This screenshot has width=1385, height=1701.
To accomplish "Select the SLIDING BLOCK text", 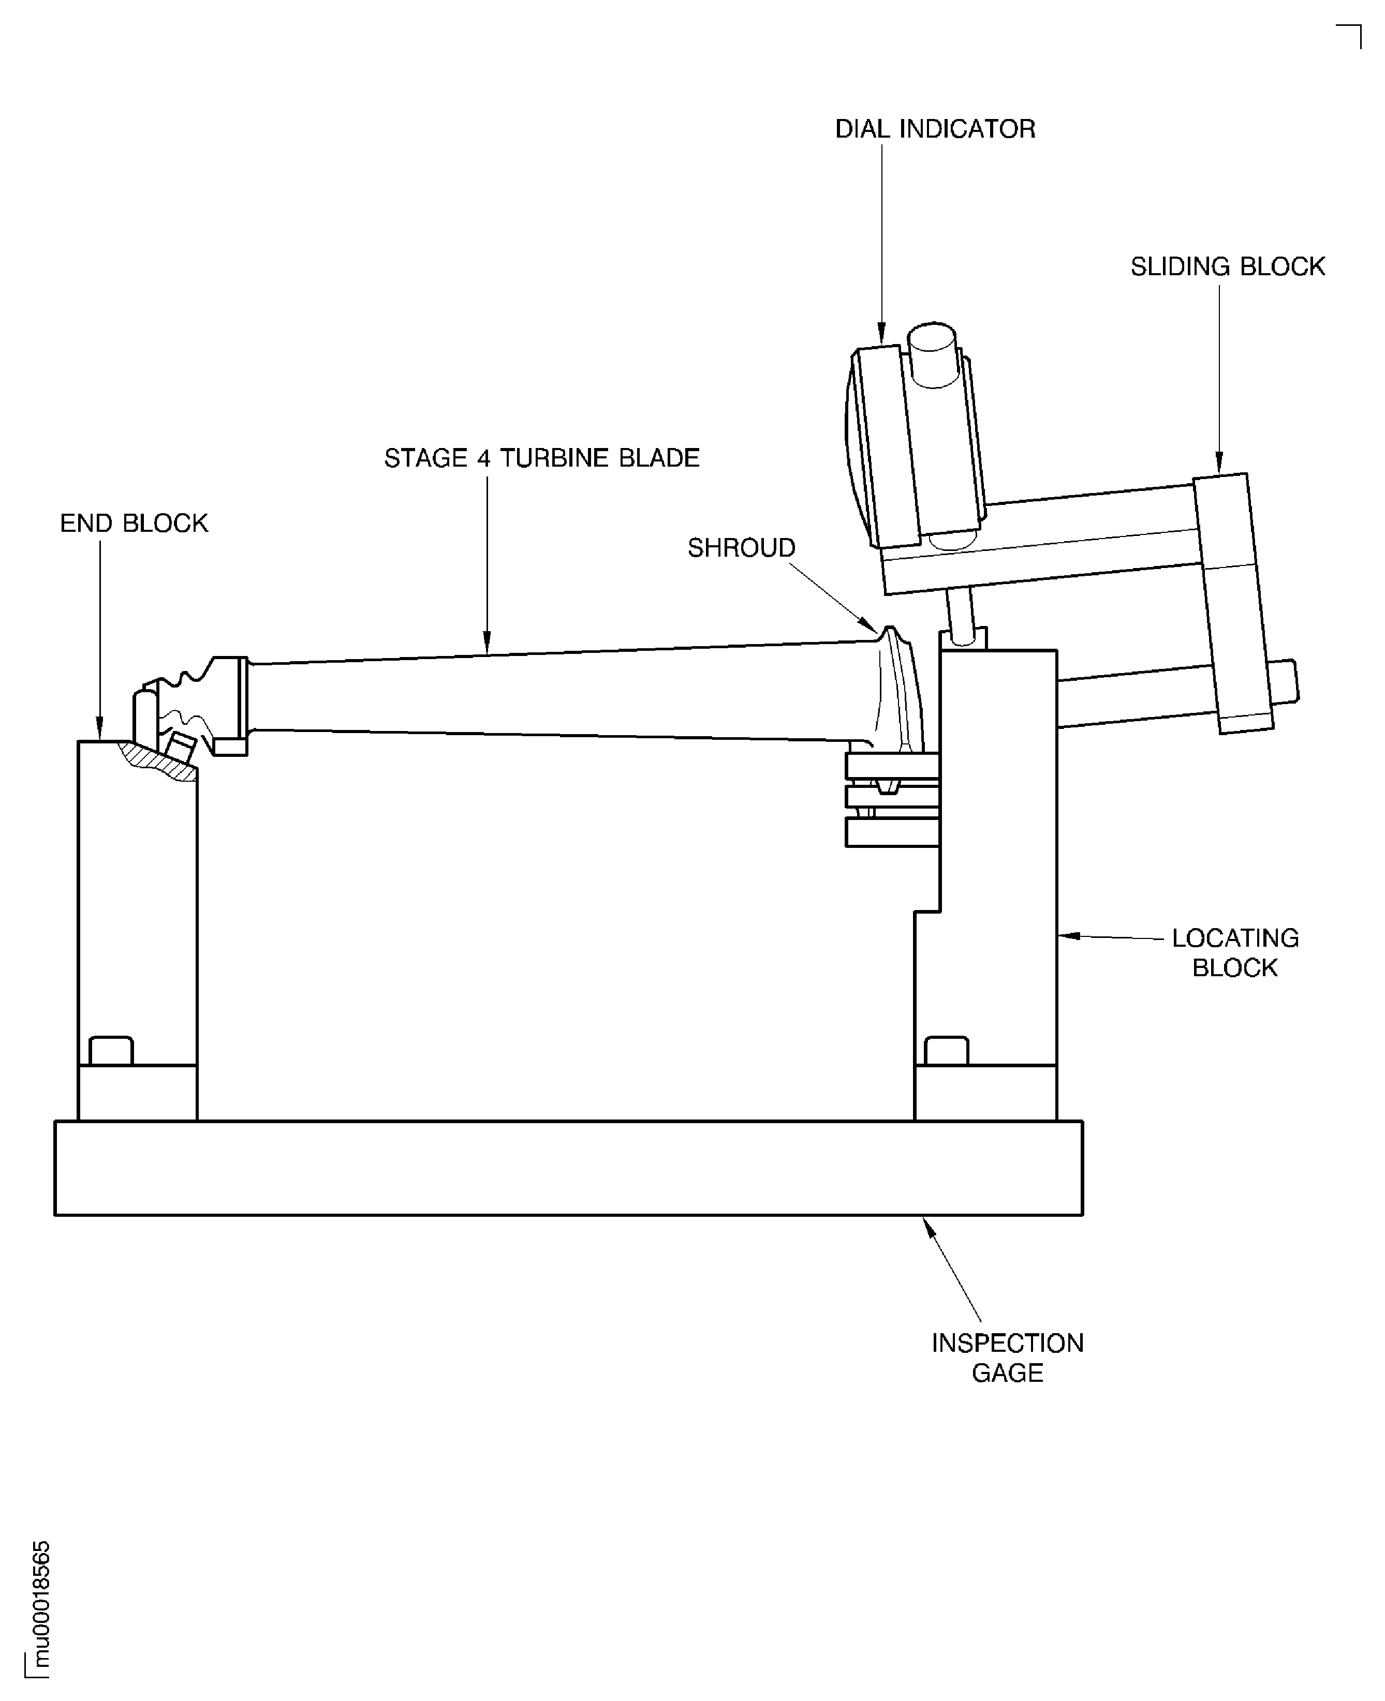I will (1227, 266).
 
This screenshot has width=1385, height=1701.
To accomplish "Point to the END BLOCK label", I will (134, 524).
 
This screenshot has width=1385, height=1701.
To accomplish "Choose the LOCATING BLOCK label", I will (1234, 953).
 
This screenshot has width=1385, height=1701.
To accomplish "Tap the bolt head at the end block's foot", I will (111, 1051).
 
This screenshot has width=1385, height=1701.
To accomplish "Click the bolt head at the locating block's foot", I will (946, 1051).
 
